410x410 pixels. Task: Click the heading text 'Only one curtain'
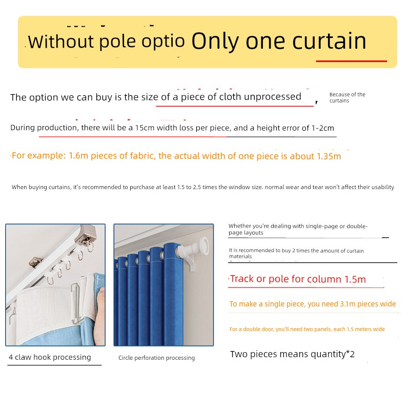point(279,42)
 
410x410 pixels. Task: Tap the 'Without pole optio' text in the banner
point(107,42)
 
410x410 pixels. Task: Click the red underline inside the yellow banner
point(351,61)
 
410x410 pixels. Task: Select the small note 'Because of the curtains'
point(347,97)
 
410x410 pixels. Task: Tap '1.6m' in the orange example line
point(78,156)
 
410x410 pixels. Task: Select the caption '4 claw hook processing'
point(50,357)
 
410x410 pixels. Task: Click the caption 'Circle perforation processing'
point(157,358)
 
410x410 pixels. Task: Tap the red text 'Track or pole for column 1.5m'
point(298,279)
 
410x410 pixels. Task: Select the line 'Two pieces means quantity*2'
point(292,354)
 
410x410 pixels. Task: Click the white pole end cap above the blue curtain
point(203,244)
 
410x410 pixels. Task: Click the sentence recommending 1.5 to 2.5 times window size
point(203,187)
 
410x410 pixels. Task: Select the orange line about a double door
point(307,329)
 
